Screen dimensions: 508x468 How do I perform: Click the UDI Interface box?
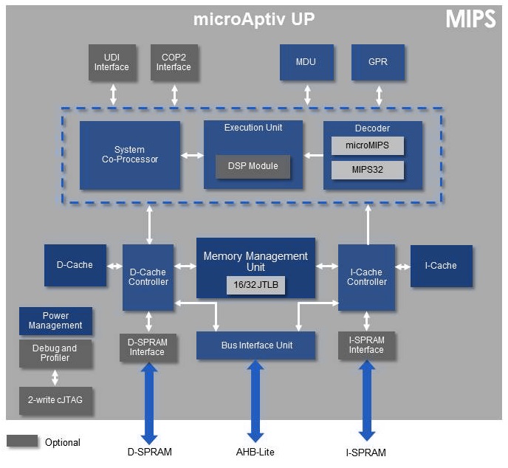tap(112, 62)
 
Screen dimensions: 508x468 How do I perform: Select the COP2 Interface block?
tap(174, 62)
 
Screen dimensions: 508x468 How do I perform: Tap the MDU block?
tap(306, 62)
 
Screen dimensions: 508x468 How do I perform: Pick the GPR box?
tap(378, 62)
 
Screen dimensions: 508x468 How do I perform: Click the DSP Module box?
tap(253, 167)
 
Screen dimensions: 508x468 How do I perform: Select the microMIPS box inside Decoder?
tap(368, 145)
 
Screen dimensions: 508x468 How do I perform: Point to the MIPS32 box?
tap(368, 170)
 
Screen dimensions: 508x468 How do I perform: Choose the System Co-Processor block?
tap(130, 155)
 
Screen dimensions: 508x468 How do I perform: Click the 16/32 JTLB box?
tap(255, 285)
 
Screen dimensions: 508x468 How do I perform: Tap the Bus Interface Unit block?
tap(256, 345)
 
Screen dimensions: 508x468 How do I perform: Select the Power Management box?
tap(55, 321)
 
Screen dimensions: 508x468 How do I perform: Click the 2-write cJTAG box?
tap(55, 400)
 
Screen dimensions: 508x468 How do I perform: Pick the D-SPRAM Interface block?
tap(148, 348)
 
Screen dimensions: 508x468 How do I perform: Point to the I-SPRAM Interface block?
tap(366, 345)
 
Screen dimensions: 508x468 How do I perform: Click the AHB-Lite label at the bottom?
tap(255, 452)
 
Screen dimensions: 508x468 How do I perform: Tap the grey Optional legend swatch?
tap(22, 441)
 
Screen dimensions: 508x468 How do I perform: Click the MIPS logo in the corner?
tap(471, 18)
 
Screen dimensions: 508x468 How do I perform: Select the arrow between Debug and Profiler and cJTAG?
tap(55, 378)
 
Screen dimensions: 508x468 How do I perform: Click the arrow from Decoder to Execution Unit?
tap(314, 156)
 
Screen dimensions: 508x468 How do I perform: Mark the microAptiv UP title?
tap(254, 19)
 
